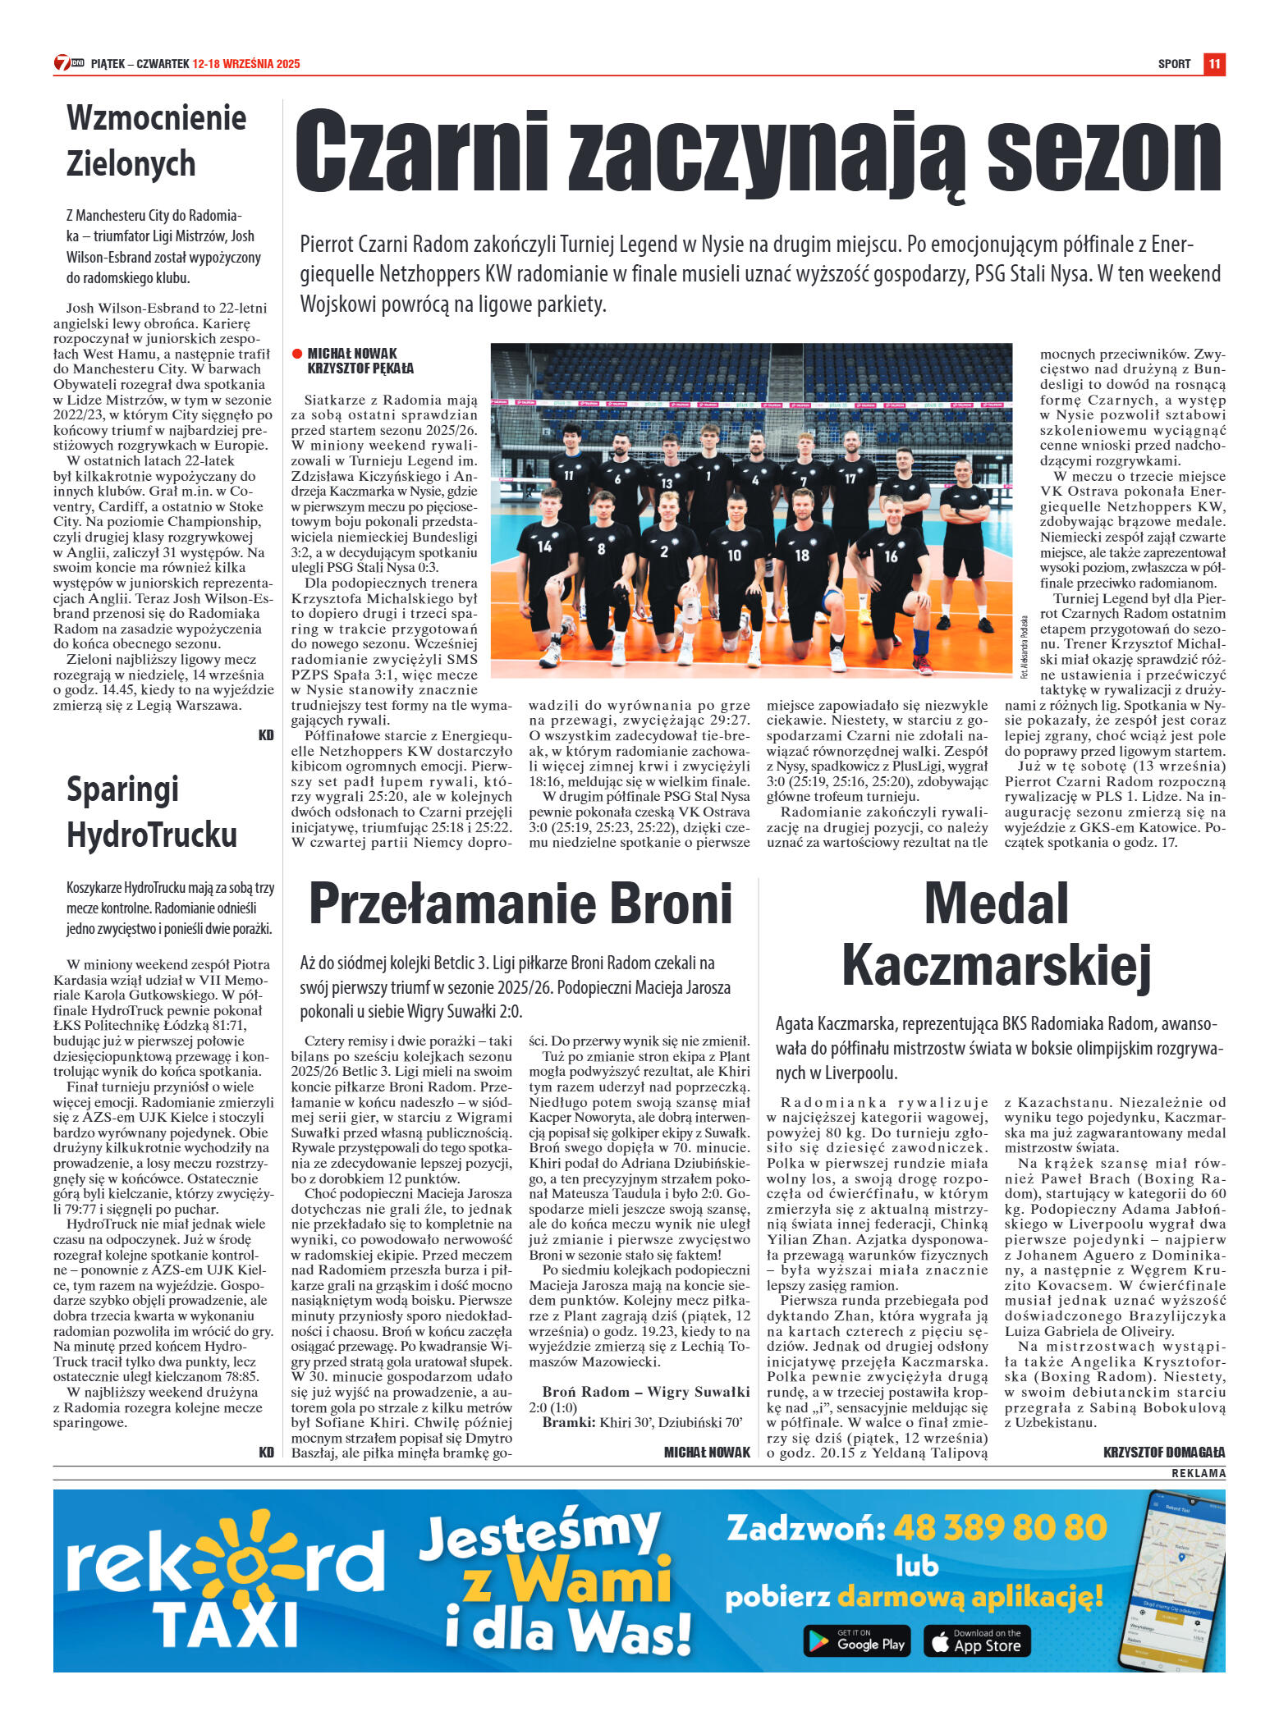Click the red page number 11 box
[x=1214, y=64]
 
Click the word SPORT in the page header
[x=1174, y=64]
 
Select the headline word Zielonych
[x=131, y=163]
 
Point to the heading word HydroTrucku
[x=152, y=835]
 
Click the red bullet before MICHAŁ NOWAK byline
[x=297, y=354]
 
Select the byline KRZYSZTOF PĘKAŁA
[x=360, y=368]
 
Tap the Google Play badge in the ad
[x=857, y=1640]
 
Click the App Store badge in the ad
[x=977, y=1640]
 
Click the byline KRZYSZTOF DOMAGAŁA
[x=1164, y=1453]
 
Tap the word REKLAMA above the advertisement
[x=1198, y=1473]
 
